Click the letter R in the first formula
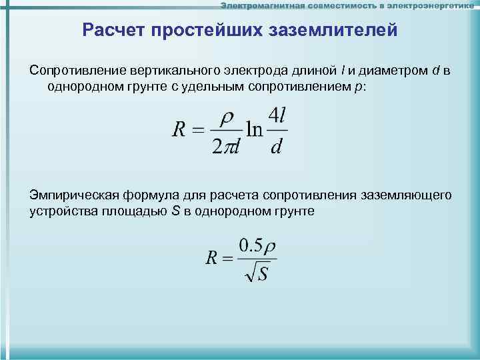click(179, 130)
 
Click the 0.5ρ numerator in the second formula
click(257, 245)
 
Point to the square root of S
click(257, 273)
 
